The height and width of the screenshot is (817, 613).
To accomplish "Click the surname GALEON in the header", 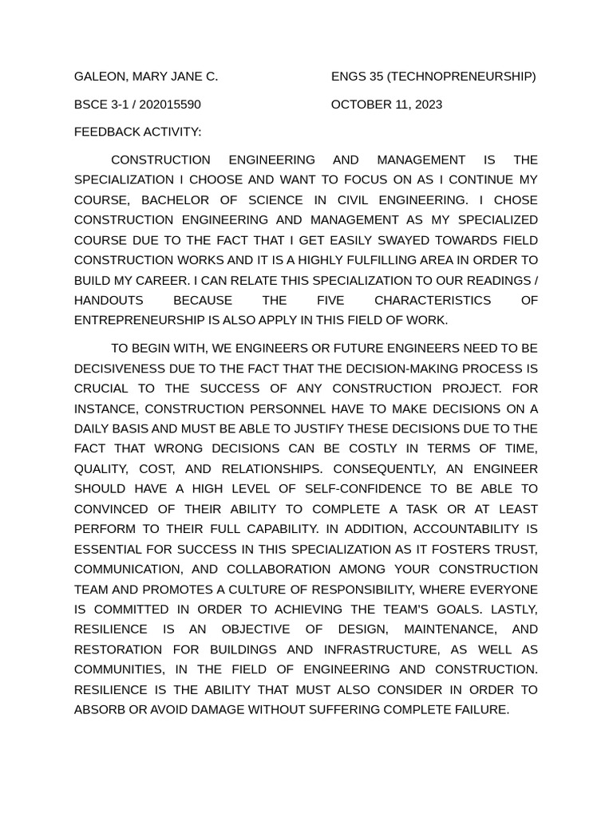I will click(x=100, y=77).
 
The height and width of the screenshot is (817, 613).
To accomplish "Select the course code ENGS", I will click(x=349, y=77).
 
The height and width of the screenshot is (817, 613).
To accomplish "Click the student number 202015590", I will click(x=170, y=105).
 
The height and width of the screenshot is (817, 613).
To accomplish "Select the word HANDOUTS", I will click(x=109, y=300).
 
